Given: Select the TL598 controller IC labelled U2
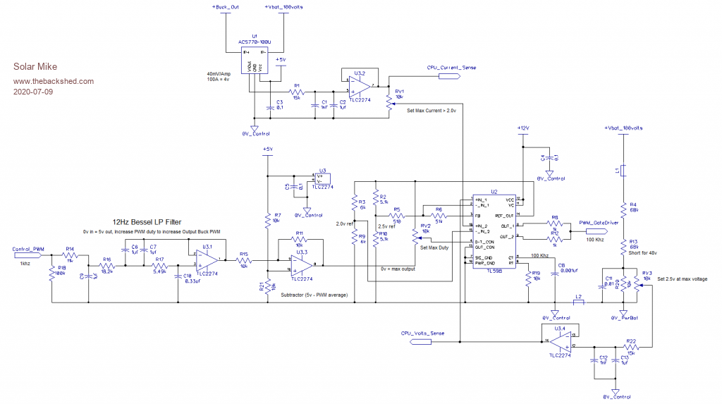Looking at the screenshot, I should [494, 228].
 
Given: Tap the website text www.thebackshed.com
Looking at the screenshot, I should [54, 82].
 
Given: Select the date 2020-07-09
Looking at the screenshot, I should [33, 92].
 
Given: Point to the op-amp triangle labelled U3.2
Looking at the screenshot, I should [360, 85].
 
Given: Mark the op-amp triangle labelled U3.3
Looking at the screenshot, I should [301, 265].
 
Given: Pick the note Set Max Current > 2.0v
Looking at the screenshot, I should [432, 111].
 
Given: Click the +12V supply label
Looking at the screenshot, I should [522, 128].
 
